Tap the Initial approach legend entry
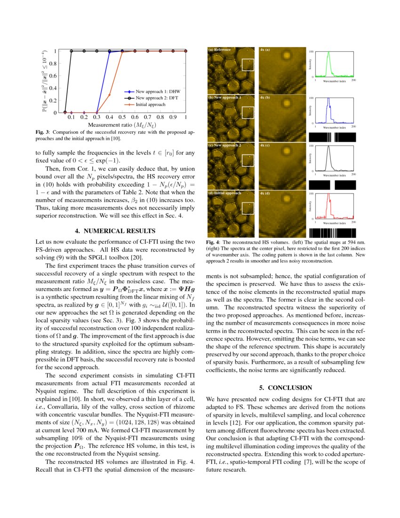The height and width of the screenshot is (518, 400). pos(150,104)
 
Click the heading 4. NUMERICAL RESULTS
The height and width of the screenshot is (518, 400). pos(115,231)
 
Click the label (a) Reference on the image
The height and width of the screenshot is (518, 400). pos(220,49)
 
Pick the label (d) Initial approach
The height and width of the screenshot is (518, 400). pos(225,193)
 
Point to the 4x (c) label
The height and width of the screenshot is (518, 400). pos(264,146)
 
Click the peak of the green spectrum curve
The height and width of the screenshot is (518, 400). pos(329,53)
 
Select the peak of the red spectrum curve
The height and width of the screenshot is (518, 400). pos(329,197)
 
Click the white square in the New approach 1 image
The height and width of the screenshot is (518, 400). pos(248,113)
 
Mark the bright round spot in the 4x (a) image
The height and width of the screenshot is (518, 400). pos(285,55)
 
